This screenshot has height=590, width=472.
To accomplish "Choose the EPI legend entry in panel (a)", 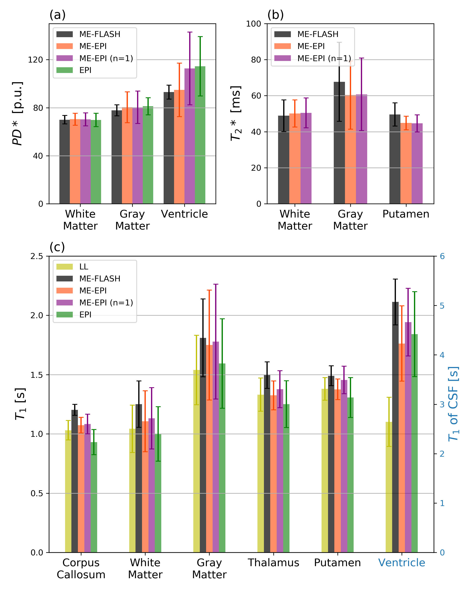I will pos(85,70).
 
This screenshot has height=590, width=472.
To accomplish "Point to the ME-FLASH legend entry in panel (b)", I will pos(318,34).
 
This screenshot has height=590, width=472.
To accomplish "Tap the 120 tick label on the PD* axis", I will pos(36,60).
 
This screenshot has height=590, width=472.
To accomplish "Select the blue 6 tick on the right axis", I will pos(442,256).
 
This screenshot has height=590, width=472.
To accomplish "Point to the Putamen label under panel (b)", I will pos(406,214).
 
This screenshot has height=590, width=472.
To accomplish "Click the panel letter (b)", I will pos(275,15).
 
